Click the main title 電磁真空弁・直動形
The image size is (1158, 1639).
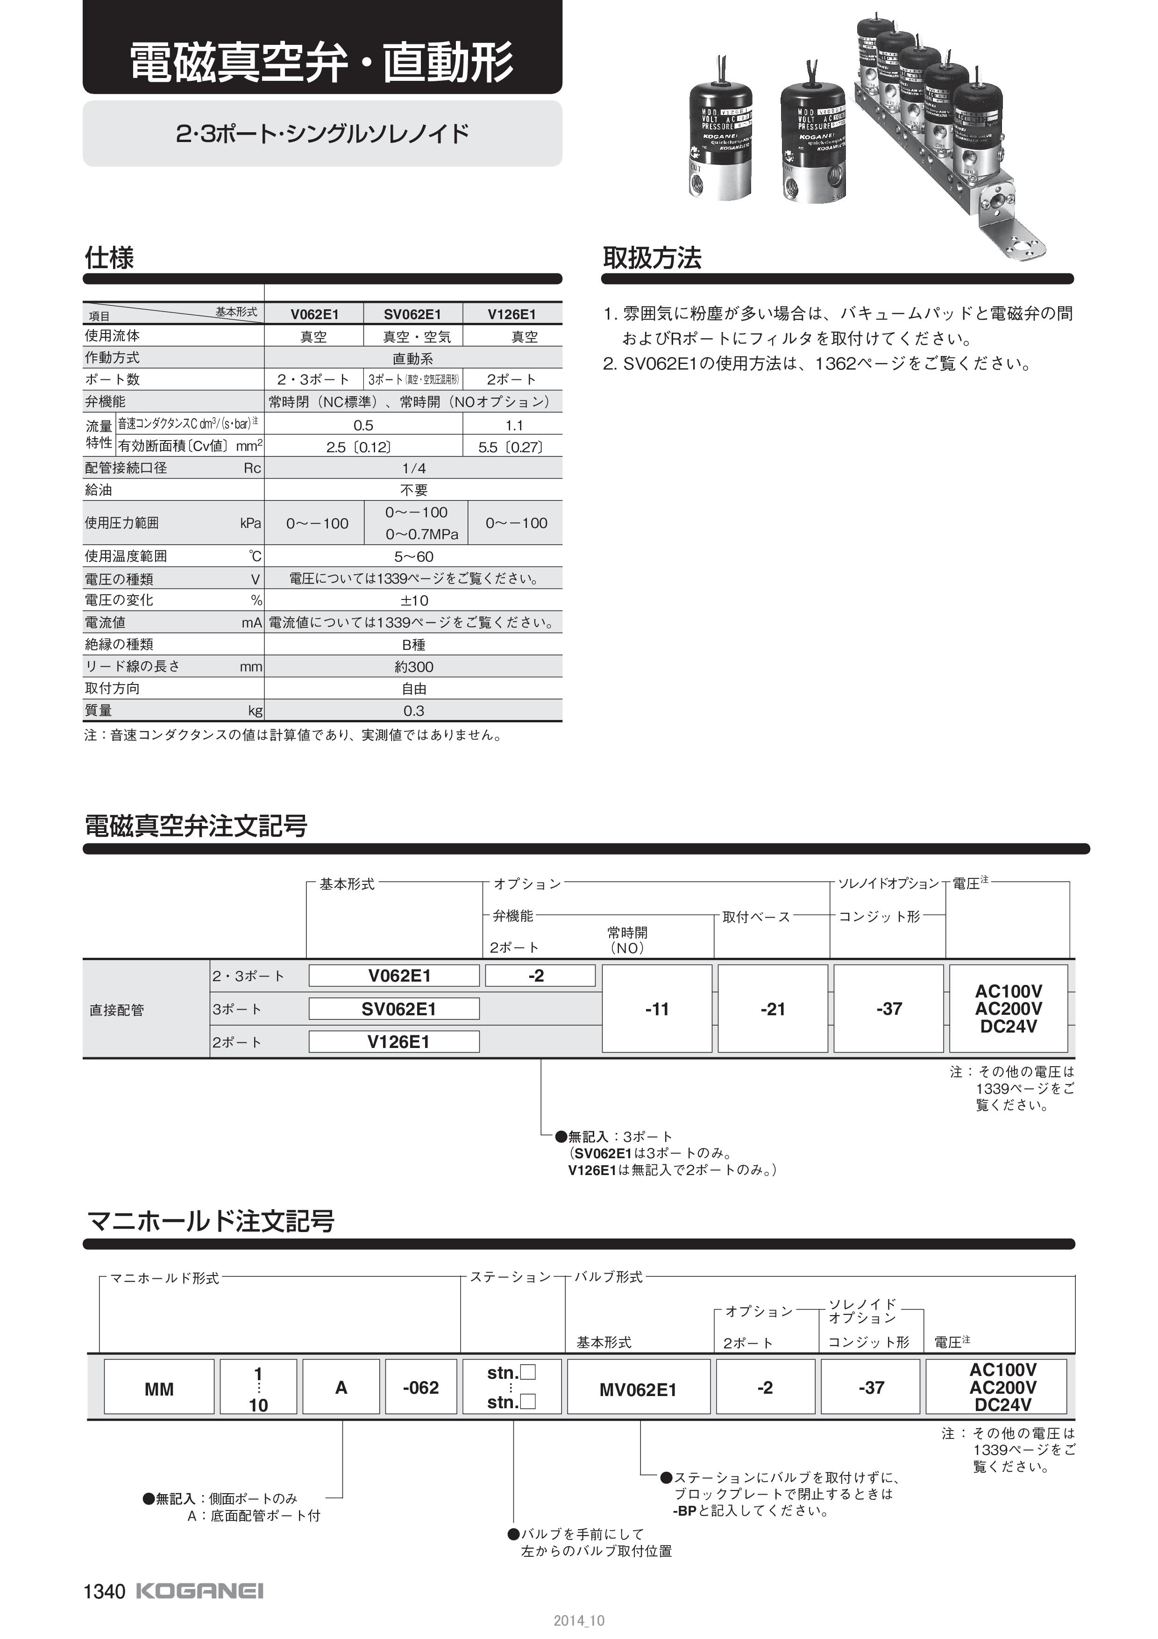[x=321, y=63]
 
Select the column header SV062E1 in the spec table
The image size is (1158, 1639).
[x=412, y=314]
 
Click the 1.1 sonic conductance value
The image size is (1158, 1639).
[x=514, y=426]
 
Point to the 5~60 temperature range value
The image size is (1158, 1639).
[x=414, y=556]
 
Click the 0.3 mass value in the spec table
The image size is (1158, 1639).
[x=414, y=710]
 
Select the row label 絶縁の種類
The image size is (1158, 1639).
[x=119, y=644]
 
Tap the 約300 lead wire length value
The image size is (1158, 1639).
[x=414, y=667]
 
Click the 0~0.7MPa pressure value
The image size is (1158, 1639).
[x=422, y=534]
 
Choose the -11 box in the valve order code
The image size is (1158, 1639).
[x=656, y=1009]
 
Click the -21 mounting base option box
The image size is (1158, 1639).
[x=773, y=1009]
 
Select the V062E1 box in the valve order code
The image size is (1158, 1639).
[x=394, y=975]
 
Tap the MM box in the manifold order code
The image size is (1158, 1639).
[x=159, y=1389]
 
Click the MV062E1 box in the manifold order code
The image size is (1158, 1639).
[x=639, y=1389]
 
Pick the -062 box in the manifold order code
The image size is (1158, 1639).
[x=420, y=1388]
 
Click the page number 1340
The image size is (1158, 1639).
[x=104, y=1592]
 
